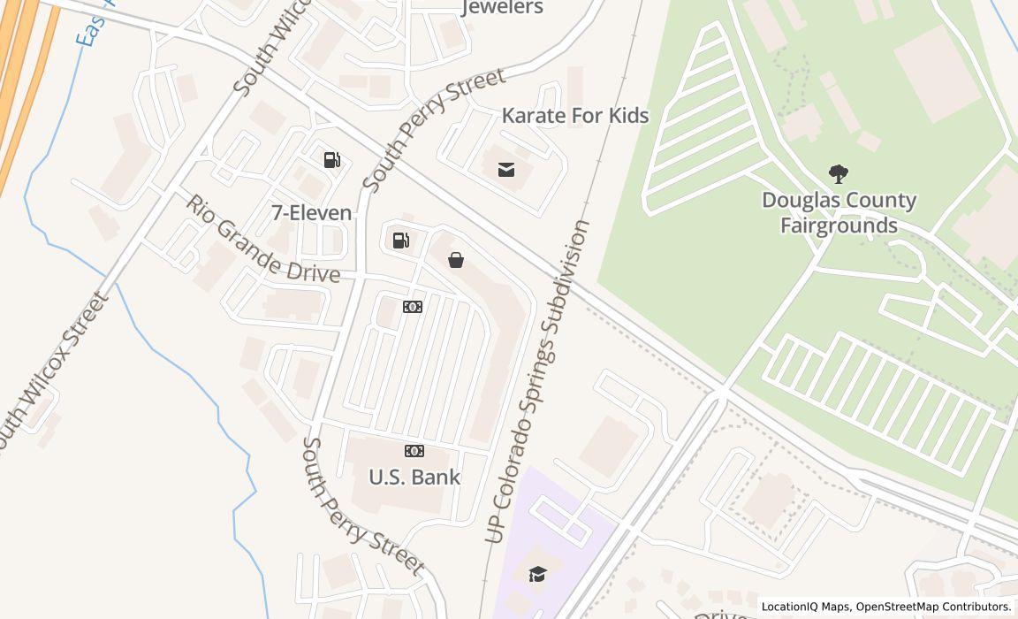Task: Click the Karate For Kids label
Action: coord(575,116)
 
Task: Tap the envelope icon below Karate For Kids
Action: coord(506,170)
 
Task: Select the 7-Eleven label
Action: coord(311,213)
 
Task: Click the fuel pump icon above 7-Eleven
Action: coord(332,160)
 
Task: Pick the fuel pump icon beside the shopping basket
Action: coord(401,241)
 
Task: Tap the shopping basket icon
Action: coord(456,260)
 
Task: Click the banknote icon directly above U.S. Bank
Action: coord(414,451)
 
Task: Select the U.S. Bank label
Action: coord(414,478)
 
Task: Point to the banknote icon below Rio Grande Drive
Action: coord(413,307)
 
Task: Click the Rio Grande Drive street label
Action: coord(262,241)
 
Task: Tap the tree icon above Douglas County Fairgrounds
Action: coord(838,173)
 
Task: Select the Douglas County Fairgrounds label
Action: coord(839,213)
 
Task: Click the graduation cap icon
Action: coord(537,575)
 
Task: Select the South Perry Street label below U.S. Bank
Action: coord(362,506)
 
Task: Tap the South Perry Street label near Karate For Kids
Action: coord(435,129)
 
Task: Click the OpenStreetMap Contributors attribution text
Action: coord(933,607)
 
